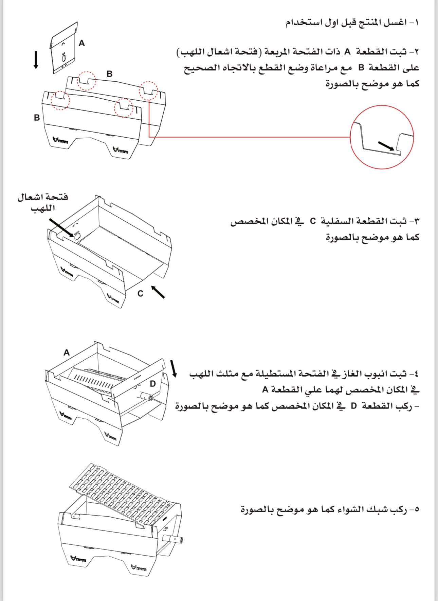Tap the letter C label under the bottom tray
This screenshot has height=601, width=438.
(x=140, y=294)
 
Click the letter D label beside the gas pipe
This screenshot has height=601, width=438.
(x=153, y=383)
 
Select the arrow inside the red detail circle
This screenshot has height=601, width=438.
(x=386, y=146)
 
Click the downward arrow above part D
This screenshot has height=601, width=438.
(x=174, y=368)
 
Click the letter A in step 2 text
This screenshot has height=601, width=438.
(x=347, y=52)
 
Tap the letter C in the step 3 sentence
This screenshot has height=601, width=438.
(x=312, y=221)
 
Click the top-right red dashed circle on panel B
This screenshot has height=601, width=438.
(x=148, y=91)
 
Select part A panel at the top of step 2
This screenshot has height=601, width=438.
(x=64, y=47)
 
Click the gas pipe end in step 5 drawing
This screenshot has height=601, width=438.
(x=178, y=539)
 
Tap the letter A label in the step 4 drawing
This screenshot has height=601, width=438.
(x=67, y=353)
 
